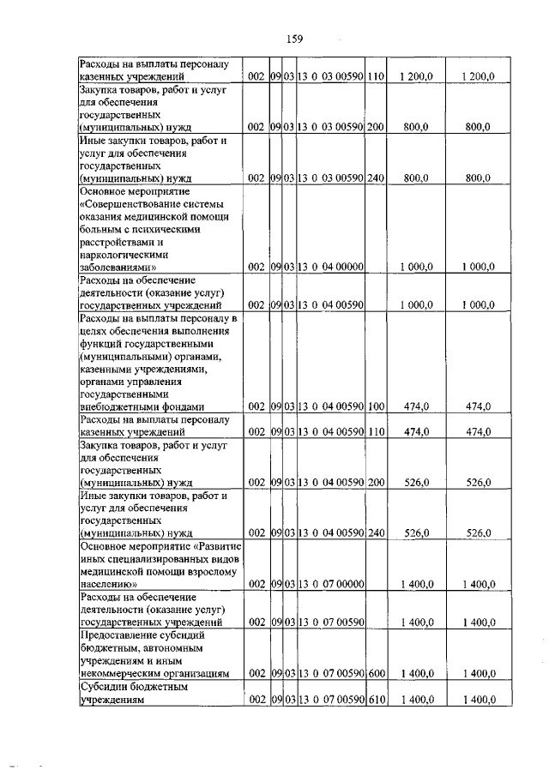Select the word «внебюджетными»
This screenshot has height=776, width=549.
point(114,406)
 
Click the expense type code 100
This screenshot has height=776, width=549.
point(376,406)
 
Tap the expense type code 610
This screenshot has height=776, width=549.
point(376,700)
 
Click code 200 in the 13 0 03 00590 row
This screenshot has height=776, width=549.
point(376,127)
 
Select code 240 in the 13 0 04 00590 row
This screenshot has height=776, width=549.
point(376,532)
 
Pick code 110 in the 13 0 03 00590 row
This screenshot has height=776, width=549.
point(376,77)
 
